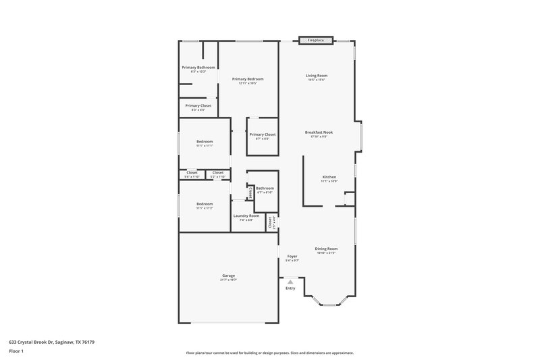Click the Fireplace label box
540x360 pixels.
pos(316,41)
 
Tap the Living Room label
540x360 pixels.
pos(316,76)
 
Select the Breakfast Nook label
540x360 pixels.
pos(319,132)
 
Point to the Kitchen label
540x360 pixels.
pos(329,177)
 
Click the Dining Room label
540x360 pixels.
pos(325,249)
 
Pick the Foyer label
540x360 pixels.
pos(292,257)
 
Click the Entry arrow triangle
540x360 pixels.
pos(290,282)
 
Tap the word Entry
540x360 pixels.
pos(290,288)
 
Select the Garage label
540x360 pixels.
pos(228,275)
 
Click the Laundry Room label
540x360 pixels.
pos(246,215)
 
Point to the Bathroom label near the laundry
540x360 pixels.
pos(265,188)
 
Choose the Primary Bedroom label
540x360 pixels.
pos(248,79)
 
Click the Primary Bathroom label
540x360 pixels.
pos(198,68)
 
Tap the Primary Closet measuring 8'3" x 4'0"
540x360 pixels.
pos(198,105)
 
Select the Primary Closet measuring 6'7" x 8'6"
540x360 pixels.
pos(263,134)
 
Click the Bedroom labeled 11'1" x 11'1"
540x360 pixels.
pos(205,141)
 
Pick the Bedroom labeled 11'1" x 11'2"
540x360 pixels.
pos(205,203)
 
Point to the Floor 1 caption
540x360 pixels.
pos(16,352)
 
